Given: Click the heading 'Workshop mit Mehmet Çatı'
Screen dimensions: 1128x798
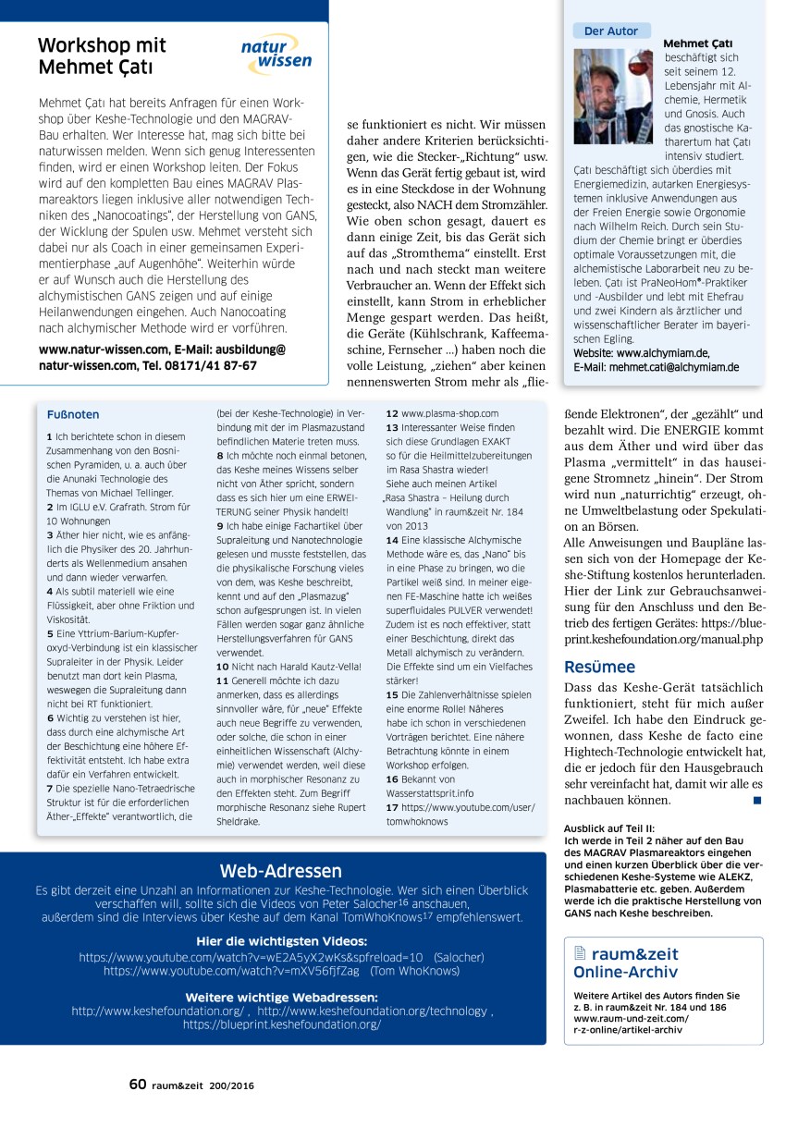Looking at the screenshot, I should coord(102,56).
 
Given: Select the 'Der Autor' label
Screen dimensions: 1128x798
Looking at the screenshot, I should coord(610,31).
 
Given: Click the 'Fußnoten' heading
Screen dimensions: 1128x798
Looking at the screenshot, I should coord(72,415).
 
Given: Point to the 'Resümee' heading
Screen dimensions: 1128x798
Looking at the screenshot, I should coord(599,667).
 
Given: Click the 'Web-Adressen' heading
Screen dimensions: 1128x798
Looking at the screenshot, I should coord(280,870).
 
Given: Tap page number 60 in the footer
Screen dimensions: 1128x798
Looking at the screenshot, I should coord(137,1085).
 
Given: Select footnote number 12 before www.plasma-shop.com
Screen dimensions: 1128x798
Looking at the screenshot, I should coord(392,414).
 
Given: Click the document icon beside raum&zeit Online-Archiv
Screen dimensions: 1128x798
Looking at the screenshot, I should coord(580,953).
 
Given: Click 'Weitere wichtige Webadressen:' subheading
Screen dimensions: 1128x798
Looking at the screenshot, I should coord(281,997).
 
